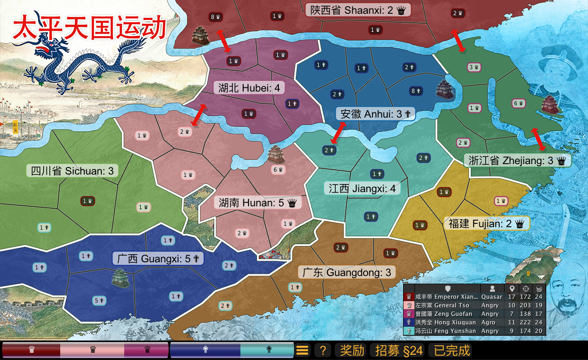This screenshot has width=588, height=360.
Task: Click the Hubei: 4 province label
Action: [249, 88]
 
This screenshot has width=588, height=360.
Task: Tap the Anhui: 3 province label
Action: [376, 114]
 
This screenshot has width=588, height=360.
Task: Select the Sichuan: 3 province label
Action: [72, 171]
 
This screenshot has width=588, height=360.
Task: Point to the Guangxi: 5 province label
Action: [158, 258]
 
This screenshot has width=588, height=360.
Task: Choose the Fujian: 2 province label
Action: [487, 224]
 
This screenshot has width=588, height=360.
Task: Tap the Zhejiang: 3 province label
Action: [517, 160]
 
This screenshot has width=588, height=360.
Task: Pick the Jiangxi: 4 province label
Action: [362, 188]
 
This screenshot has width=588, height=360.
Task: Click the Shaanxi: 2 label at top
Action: [358, 10]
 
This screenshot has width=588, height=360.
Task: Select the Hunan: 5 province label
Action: [257, 203]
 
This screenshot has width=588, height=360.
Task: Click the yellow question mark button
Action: [322, 351]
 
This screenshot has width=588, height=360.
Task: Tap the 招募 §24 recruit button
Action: [398, 351]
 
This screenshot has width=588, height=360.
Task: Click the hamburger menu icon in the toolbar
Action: [303, 351]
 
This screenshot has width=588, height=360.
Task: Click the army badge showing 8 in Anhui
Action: [416, 91]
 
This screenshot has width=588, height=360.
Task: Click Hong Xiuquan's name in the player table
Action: [446, 322]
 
